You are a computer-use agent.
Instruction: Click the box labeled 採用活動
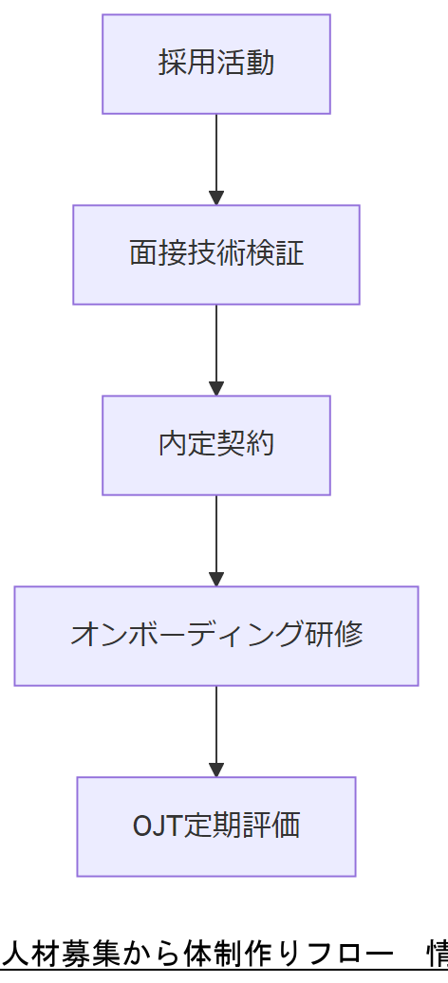coord(216,64)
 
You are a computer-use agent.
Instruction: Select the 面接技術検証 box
coord(216,254)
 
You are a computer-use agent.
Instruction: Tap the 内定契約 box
coord(216,445)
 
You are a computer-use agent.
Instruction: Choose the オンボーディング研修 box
coord(216,635)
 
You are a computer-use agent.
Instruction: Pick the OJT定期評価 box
coord(216,825)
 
